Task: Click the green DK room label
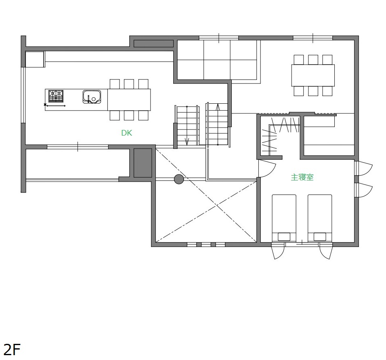point(126,133)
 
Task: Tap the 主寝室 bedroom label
point(302,177)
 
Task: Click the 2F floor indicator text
point(12,350)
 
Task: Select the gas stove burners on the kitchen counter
point(56,96)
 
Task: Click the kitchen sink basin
point(92,97)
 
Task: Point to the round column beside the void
point(179,179)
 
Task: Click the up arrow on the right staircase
point(218,107)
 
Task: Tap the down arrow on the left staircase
point(187,142)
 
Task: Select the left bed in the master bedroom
point(284,218)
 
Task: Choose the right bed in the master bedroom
point(320,218)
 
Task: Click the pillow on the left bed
point(284,237)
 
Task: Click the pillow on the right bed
point(320,237)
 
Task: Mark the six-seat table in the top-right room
point(313,75)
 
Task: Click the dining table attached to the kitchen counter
point(129,100)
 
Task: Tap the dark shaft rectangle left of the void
point(143,163)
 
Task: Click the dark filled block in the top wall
point(153,44)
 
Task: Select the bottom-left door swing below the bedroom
point(278,251)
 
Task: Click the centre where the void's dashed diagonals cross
point(216,204)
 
